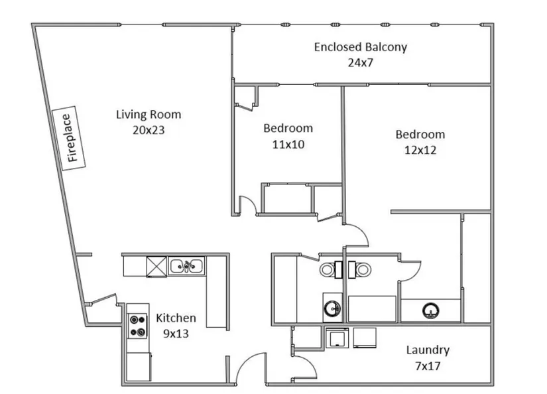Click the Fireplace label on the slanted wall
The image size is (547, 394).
tap(69, 138)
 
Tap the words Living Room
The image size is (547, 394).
tap(149, 115)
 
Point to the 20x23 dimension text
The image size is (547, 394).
tap(149, 130)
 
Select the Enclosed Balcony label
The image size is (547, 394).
tap(361, 47)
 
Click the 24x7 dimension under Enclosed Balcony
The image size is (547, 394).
tap(361, 62)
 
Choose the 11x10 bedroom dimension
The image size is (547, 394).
tap(288, 144)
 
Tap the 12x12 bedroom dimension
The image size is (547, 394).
tap(420, 150)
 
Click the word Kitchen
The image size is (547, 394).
tap(176, 318)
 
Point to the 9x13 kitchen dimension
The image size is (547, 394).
tap(176, 334)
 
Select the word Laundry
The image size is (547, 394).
tap(428, 350)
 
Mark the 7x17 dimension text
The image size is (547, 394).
tap(428, 366)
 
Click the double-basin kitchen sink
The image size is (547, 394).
tap(186, 266)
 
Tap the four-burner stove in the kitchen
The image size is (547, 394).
tap(137, 326)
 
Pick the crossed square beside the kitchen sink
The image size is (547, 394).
tap(156, 267)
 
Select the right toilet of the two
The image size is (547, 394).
tap(359, 269)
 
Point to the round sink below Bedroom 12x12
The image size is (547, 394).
tap(431, 310)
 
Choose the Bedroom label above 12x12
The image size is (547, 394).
tap(420, 135)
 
